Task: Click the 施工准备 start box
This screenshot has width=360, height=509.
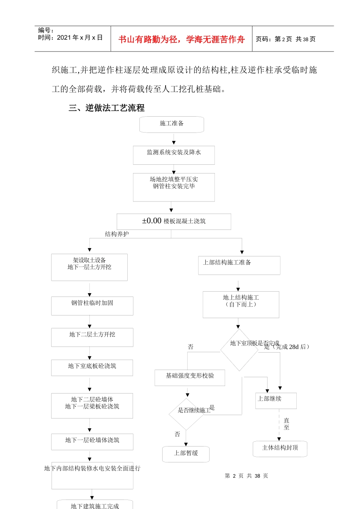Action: click(172, 124)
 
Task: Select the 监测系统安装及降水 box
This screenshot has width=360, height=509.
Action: click(174, 155)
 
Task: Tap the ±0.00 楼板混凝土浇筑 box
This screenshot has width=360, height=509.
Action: click(174, 221)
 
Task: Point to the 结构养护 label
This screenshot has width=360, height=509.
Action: click(117, 234)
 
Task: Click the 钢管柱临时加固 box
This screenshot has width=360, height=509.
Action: click(92, 306)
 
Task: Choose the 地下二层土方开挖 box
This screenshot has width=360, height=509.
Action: click(92, 337)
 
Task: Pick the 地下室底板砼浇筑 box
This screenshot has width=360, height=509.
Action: click(92, 367)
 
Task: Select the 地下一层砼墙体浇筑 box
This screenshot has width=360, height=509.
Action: click(92, 441)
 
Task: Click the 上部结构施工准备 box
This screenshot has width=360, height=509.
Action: click(239, 265)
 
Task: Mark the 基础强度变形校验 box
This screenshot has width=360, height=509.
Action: click(189, 378)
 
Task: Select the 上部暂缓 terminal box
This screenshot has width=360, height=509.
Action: click(186, 454)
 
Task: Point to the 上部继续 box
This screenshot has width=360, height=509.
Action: click(275, 400)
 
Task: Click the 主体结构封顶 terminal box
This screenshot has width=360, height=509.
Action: click(280, 448)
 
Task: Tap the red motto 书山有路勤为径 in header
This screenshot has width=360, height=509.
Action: click(182, 39)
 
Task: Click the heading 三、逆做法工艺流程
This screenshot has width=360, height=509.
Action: click(106, 108)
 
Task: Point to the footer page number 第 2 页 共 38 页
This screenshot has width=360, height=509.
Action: click(246, 476)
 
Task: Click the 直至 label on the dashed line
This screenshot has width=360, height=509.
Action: click(286, 424)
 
